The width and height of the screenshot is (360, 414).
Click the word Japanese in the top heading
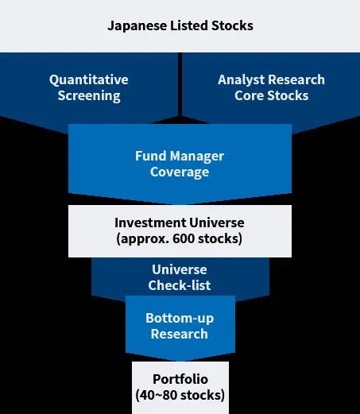point(137,26)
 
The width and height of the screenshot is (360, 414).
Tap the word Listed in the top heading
point(189,25)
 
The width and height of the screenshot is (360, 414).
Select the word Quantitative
point(89,80)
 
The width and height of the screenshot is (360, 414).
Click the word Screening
point(89,96)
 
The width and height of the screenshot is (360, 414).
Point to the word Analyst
point(241,80)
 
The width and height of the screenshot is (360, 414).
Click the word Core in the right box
point(249,95)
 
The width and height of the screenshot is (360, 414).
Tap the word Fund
point(151,156)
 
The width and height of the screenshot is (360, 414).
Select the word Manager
point(197,157)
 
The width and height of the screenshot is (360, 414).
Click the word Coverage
point(180,172)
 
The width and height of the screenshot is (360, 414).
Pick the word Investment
point(150,222)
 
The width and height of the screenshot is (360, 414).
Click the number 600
point(184,238)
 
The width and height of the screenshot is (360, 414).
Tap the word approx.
point(143,239)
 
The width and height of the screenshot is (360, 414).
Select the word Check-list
point(180,285)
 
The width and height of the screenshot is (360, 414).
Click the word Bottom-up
point(180,319)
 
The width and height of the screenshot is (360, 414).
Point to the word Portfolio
point(180,379)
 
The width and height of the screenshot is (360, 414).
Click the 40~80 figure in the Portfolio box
point(158,395)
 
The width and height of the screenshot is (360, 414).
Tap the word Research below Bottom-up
point(180,334)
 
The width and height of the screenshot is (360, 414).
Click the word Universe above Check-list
point(180,270)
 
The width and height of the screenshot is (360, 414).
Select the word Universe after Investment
point(217,222)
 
